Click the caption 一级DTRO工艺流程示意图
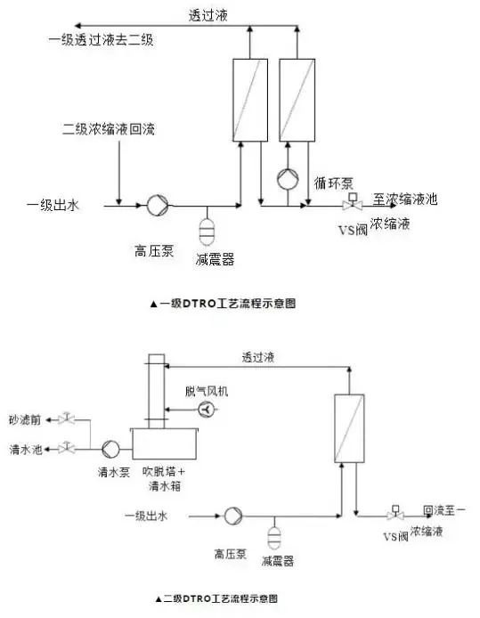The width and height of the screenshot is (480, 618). tap(226, 303)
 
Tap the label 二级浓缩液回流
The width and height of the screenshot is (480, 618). tap(109, 130)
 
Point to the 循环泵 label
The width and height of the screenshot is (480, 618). tap(334, 183)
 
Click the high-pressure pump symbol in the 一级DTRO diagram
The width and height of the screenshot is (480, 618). tap(156, 207)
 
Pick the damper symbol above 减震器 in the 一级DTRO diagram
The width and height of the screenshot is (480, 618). tap(207, 229)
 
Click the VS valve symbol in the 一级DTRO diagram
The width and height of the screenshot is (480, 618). tap(352, 204)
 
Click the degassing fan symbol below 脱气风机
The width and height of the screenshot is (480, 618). tap(207, 409)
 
